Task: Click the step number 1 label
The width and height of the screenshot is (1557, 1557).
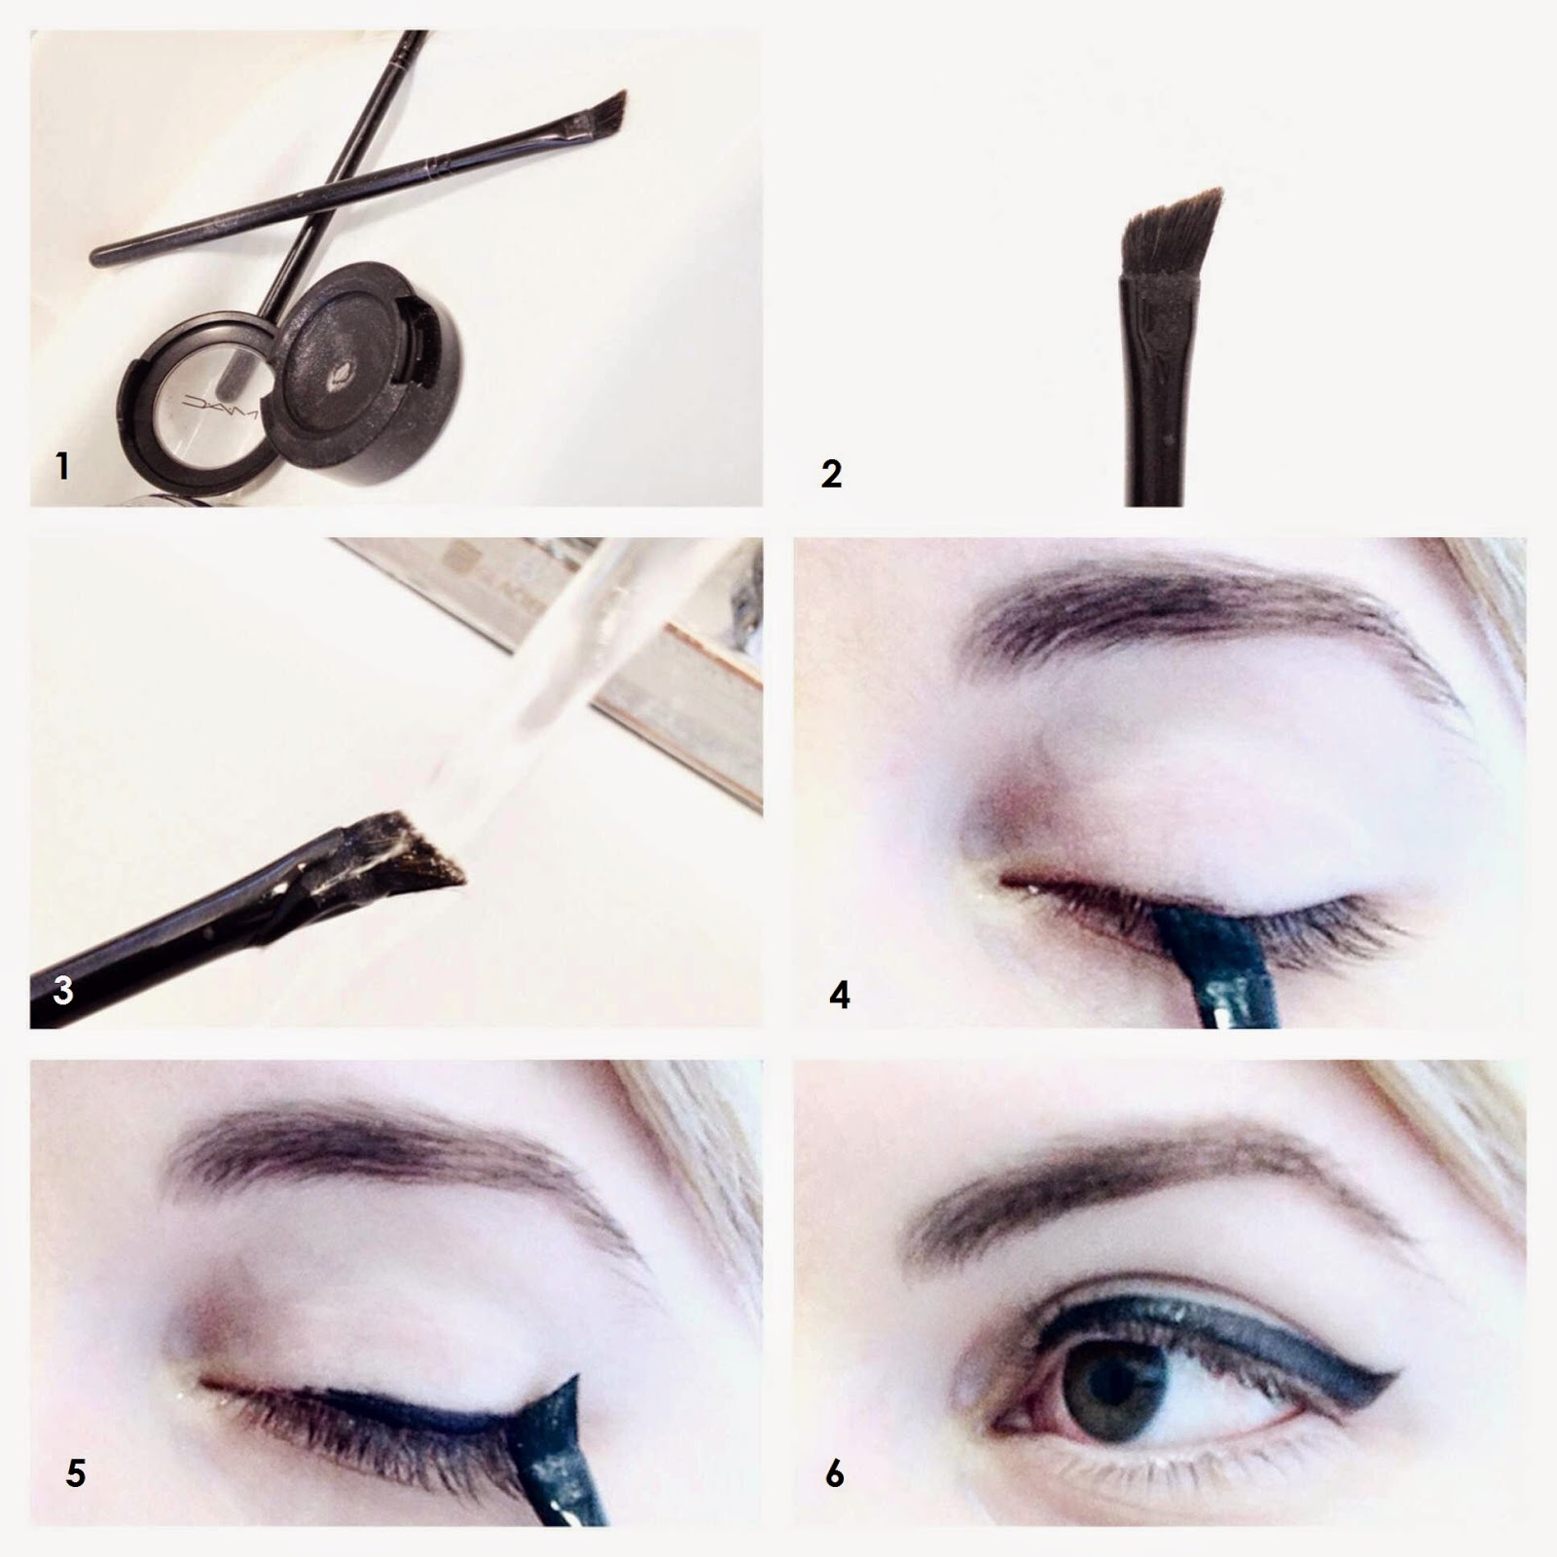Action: (62, 466)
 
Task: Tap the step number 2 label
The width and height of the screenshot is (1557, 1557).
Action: (831, 474)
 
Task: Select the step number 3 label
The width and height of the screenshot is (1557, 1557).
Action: (62, 990)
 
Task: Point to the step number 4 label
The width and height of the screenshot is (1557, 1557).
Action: (840, 995)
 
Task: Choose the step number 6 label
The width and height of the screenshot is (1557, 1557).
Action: (834, 1474)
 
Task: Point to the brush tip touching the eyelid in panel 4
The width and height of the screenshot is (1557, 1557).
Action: (1207, 929)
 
